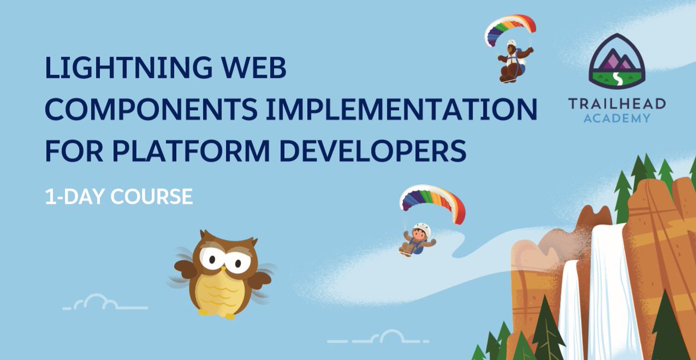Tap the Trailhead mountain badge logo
tap(617, 60)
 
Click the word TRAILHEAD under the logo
tap(617, 104)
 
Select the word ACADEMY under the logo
tap(617, 118)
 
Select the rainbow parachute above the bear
tap(509, 29)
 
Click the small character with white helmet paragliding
tap(417, 238)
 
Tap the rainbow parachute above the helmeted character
tap(433, 200)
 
